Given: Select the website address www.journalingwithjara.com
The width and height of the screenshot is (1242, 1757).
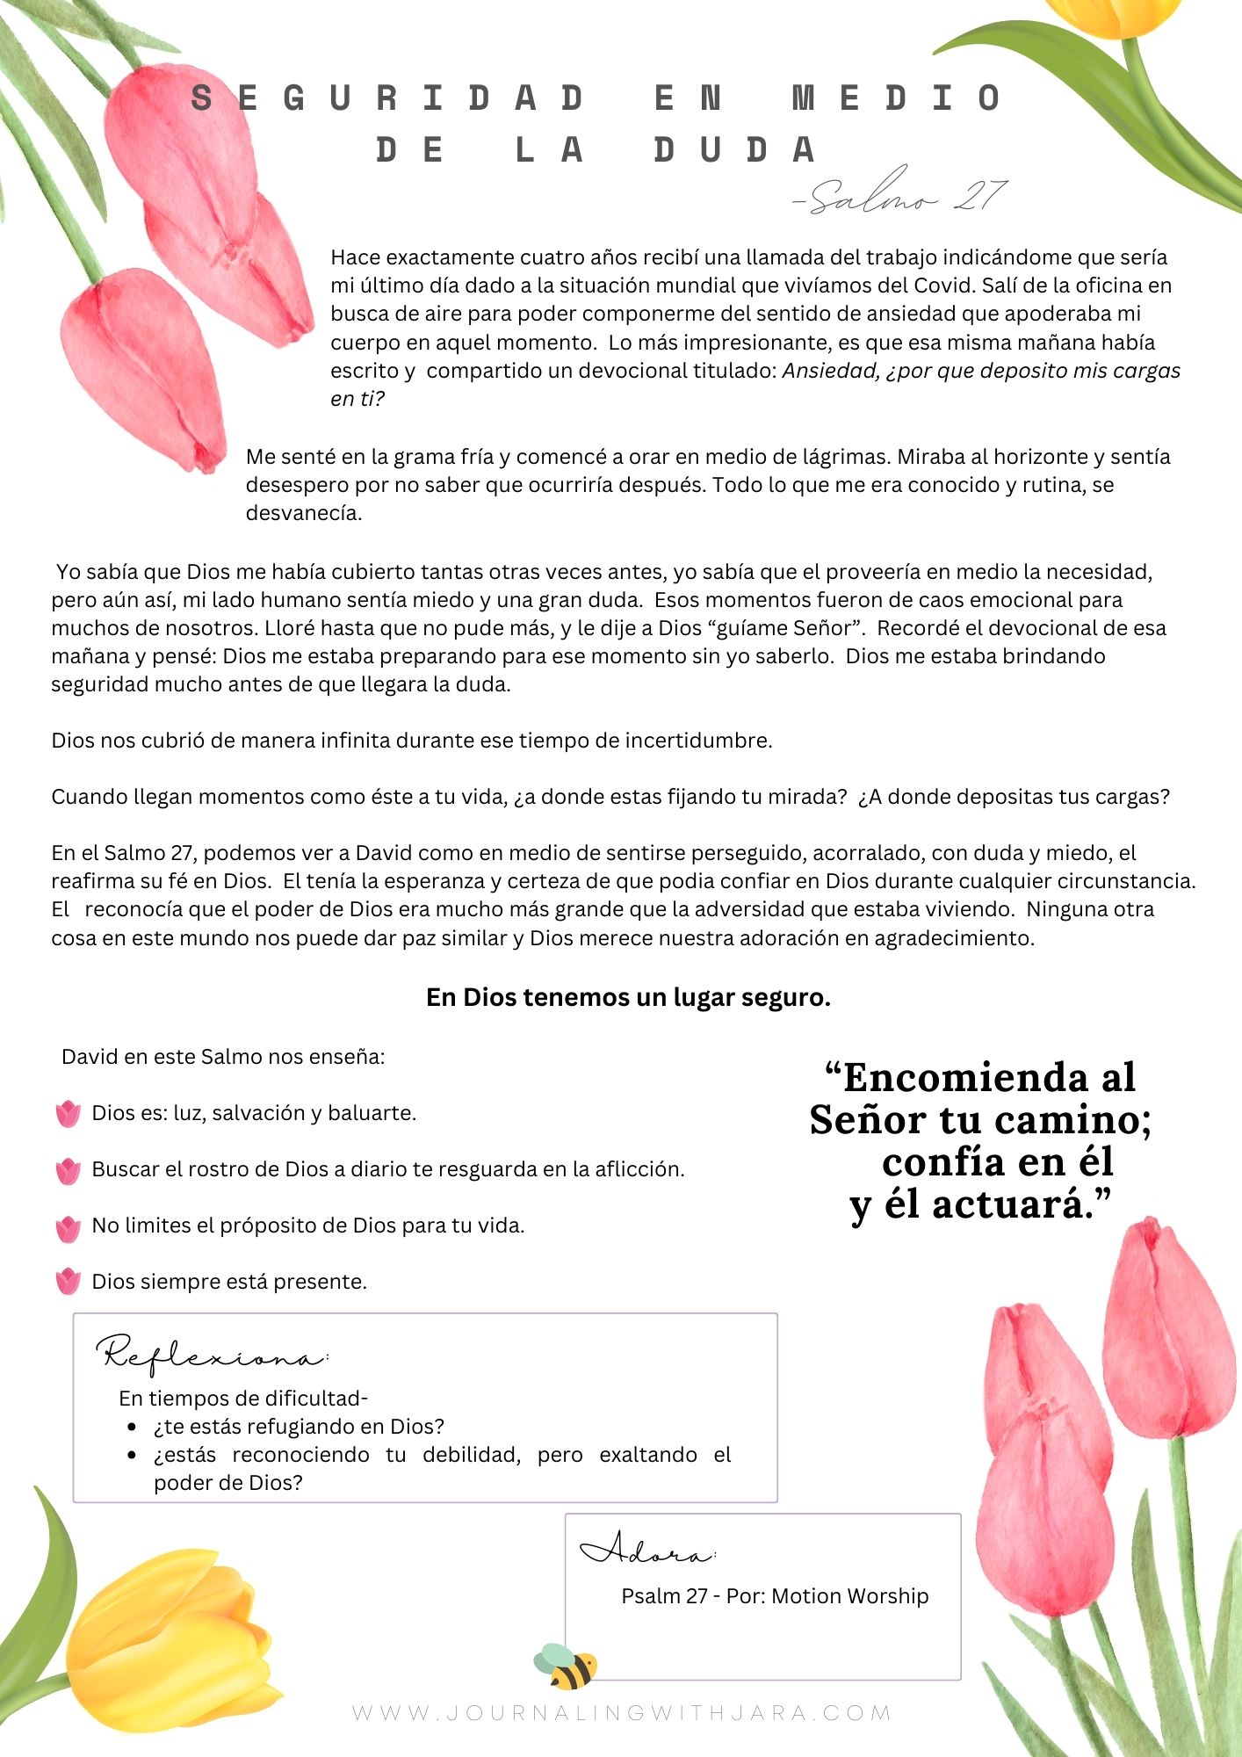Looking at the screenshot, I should point(621,1713).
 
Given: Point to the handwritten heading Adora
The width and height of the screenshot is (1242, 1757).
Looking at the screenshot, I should point(647,1551).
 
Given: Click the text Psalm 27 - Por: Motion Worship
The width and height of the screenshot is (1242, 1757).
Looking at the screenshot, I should point(774,1595).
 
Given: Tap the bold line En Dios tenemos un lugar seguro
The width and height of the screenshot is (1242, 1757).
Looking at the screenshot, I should point(628,997).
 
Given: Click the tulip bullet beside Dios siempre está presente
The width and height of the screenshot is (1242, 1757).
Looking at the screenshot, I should point(68,1282).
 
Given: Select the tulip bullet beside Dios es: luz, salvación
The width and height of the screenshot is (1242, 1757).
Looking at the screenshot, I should point(68,1113).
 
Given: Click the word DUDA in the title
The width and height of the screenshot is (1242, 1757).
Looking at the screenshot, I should point(735,150).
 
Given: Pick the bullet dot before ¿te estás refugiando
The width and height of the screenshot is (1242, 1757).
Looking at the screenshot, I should point(132,1427).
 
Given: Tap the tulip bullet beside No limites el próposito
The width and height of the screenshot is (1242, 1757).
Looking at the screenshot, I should point(68,1227).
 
